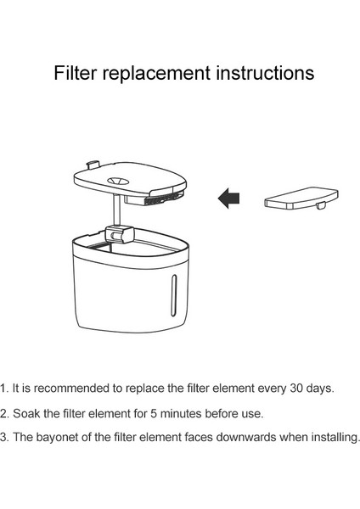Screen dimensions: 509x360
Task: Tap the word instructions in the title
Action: (x=264, y=74)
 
